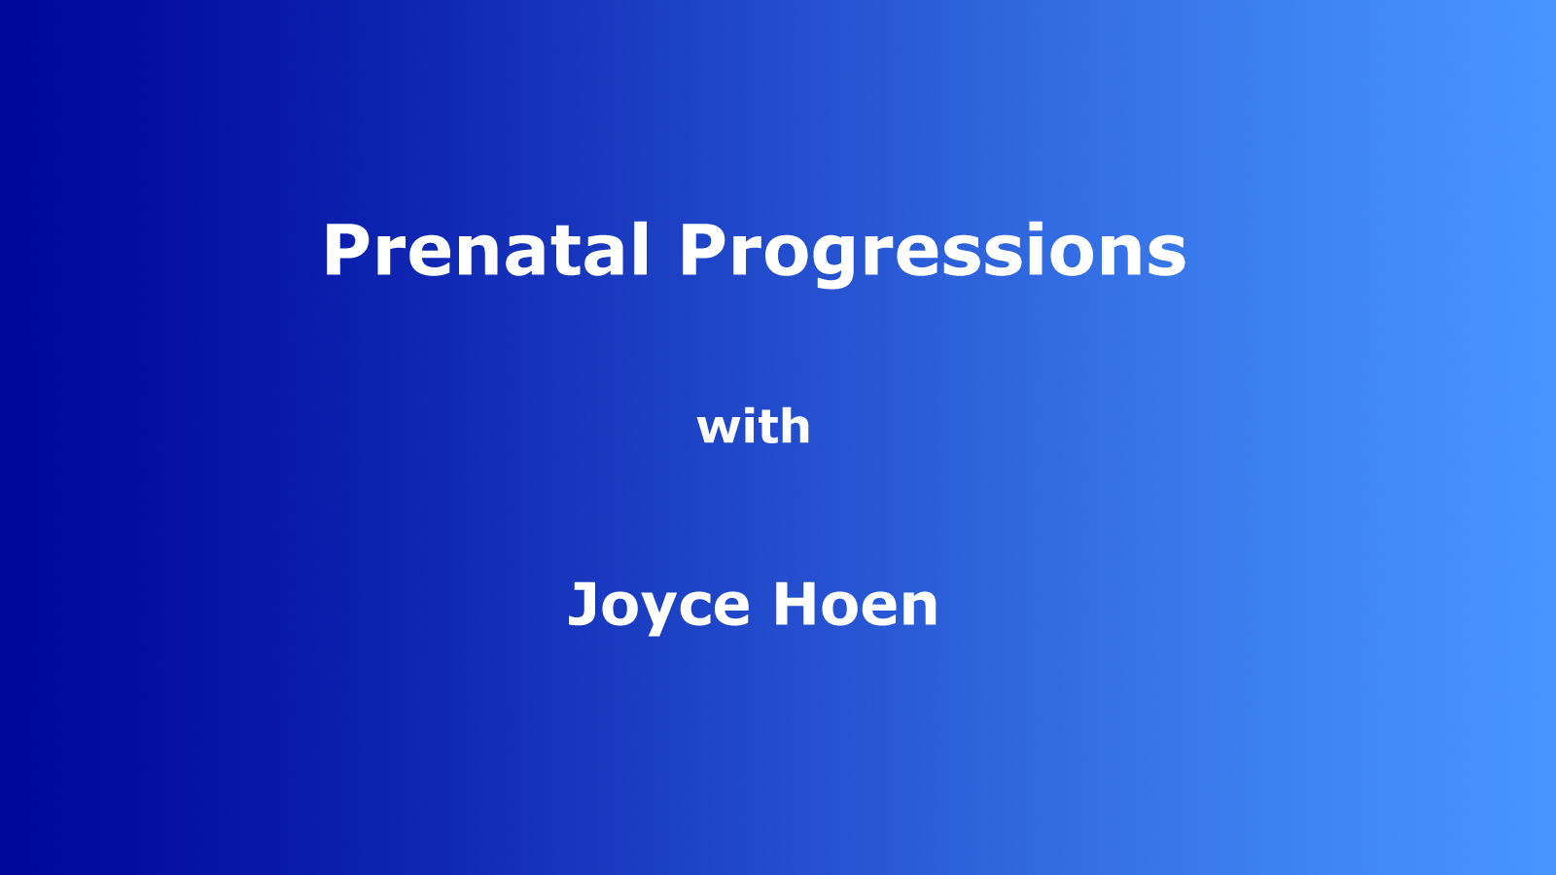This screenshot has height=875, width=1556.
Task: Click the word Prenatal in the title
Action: point(485,251)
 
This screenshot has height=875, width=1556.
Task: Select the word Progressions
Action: point(932,251)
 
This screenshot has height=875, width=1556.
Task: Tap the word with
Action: point(754,427)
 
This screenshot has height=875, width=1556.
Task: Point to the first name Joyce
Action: point(658,605)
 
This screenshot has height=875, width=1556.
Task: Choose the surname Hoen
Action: point(856,605)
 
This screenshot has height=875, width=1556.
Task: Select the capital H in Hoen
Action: point(796,605)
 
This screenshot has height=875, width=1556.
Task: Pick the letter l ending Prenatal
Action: point(639,249)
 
